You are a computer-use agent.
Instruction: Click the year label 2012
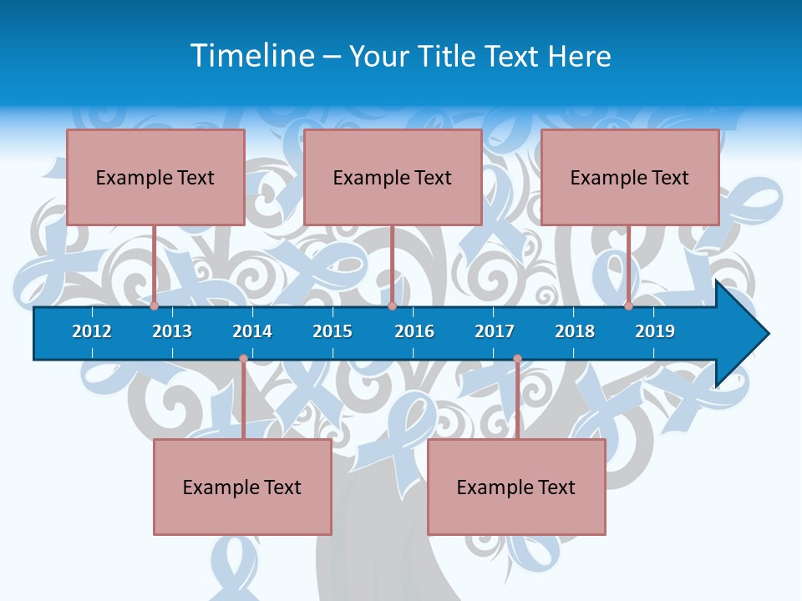92,331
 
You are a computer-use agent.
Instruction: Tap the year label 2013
172,331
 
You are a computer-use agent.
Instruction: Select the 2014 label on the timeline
252,331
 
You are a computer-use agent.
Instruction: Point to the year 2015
332,331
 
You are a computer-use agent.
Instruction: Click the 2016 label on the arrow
414,331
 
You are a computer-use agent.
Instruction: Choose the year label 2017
495,331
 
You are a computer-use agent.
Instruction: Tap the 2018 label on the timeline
575,331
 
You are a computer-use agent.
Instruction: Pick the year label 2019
655,331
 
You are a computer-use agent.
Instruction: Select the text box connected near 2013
155,177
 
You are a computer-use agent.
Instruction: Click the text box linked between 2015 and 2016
393,177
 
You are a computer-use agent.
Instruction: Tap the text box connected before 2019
630,177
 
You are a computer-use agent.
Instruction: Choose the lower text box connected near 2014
242,487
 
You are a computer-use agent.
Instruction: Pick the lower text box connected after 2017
516,487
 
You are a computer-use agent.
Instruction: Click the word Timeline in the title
251,56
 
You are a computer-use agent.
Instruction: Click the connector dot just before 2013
154,306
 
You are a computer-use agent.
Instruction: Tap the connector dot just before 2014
243,359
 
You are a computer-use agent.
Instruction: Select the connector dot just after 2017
517,359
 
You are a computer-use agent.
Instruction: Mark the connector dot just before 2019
628,306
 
